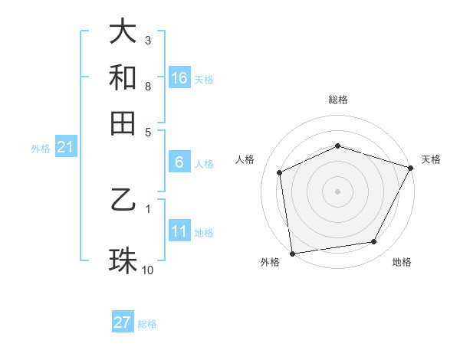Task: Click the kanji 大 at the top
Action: (123, 33)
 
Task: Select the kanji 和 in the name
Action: (123, 77)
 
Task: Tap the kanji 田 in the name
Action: (123, 123)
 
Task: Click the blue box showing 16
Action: (179, 77)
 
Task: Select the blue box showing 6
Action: (179, 162)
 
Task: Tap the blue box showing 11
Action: (179, 231)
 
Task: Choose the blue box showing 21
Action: (65, 148)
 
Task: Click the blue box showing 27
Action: (123, 322)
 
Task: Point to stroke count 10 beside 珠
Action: (148, 270)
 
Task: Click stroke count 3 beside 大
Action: (148, 40)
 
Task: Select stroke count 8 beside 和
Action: (148, 86)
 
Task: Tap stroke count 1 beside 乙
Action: (148, 208)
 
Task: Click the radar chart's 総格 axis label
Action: (338, 100)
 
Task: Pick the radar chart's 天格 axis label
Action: (431, 159)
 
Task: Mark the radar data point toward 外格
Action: (291, 253)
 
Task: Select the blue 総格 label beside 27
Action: (147, 324)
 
